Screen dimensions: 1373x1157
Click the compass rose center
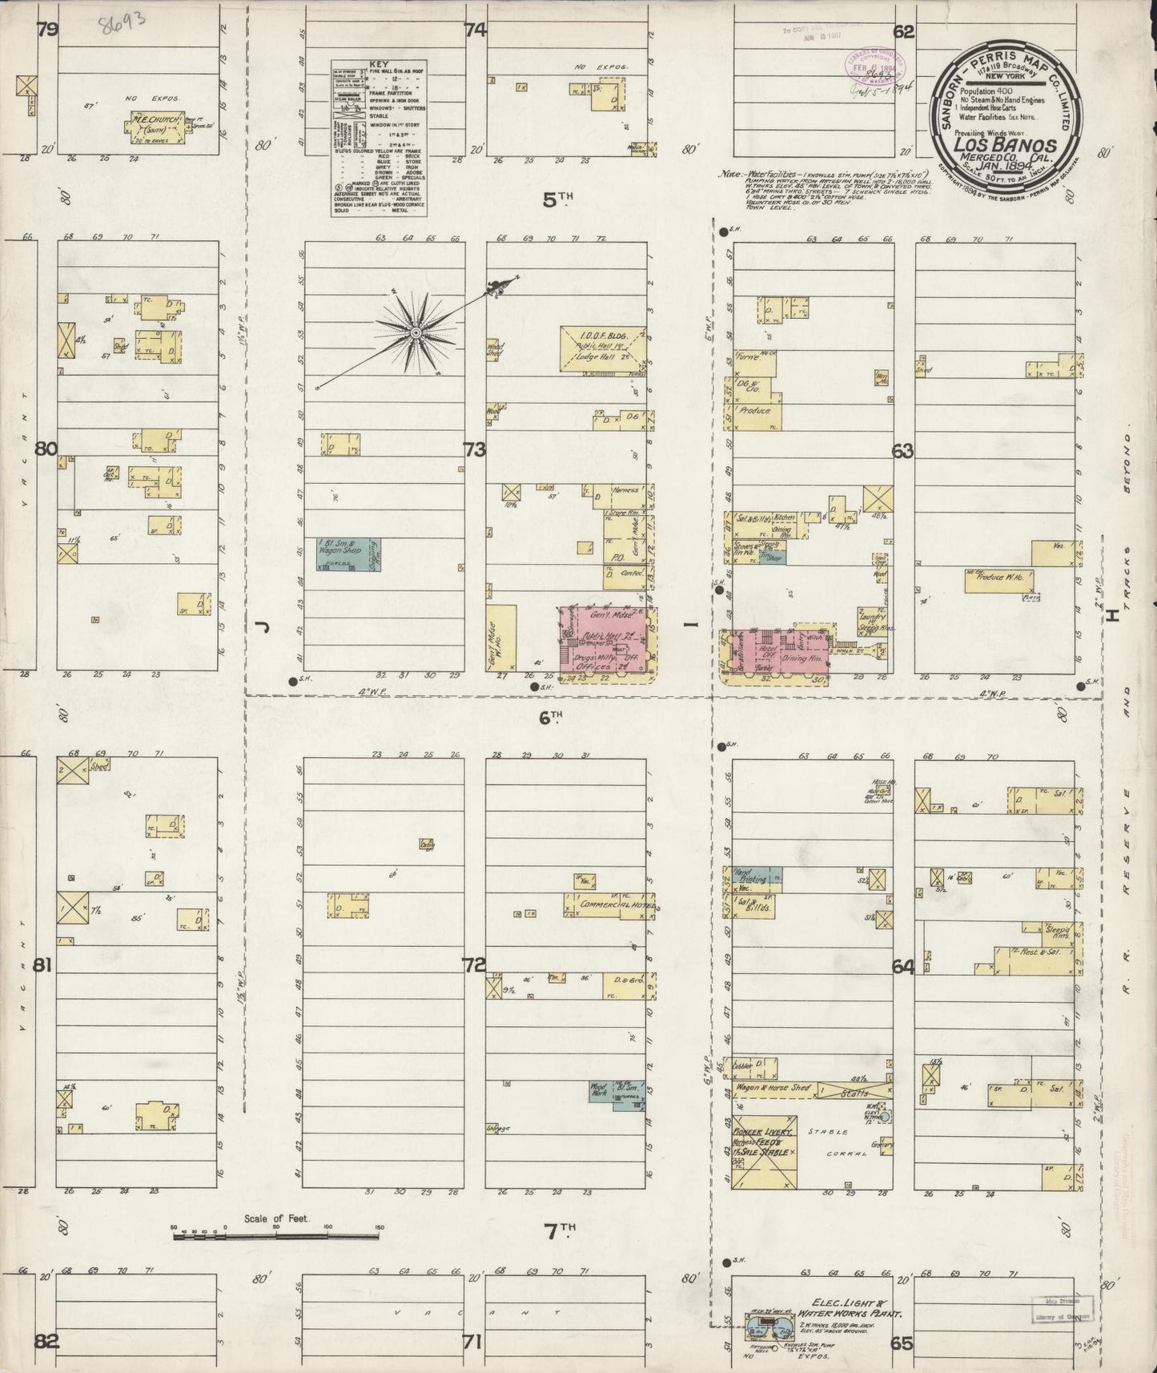coord(416,332)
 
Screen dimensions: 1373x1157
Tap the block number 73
coord(474,450)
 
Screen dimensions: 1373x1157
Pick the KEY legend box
coord(380,137)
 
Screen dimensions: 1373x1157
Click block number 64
coord(903,968)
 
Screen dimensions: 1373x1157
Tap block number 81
coord(42,965)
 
